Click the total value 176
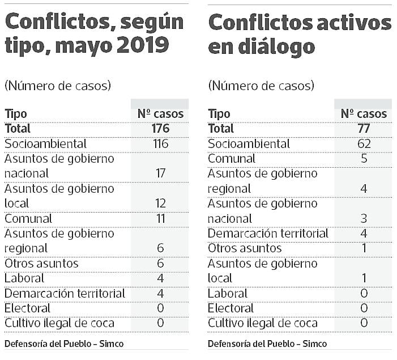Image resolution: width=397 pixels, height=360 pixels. click(160, 129)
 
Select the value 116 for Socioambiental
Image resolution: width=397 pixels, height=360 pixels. click(160, 144)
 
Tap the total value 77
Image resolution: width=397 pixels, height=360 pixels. click(364, 129)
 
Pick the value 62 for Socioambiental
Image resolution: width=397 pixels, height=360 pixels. click(364, 144)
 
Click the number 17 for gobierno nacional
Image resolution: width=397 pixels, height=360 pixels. click(160, 173)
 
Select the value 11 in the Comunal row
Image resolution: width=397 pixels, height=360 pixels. click(160, 219)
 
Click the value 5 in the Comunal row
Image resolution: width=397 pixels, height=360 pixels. click(364, 159)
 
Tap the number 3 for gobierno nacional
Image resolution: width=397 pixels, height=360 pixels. click(364, 219)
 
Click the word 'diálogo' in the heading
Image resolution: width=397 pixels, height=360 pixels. click(270, 47)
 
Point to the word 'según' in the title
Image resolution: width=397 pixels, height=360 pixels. click(153, 23)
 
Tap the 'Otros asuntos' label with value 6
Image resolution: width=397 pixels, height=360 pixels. click(41, 264)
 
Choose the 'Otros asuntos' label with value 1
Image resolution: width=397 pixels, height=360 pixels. click(245, 248)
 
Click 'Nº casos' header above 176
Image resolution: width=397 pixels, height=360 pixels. click(160, 114)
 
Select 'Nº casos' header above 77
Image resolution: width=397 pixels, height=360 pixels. click(364, 114)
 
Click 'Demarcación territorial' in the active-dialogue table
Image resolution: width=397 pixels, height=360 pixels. click(268, 234)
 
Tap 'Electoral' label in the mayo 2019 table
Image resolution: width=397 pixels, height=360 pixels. click(27, 308)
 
